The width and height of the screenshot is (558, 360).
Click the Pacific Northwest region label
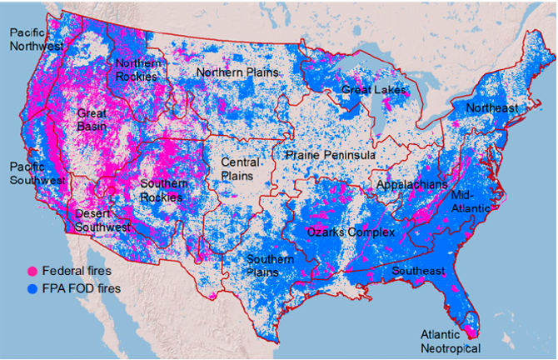[x=36, y=38]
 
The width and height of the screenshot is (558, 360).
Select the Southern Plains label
[x=271, y=265]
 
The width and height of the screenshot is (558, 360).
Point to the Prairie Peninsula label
[x=329, y=155]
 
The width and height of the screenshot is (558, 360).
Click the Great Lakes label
[x=373, y=89]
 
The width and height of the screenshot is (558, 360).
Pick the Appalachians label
[x=411, y=184]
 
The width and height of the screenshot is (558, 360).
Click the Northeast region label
[x=491, y=108]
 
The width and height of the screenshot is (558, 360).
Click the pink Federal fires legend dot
[x=33, y=272]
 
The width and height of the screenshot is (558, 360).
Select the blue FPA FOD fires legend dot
[x=33, y=288]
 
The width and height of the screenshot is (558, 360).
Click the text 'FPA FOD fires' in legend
[x=81, y=288]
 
